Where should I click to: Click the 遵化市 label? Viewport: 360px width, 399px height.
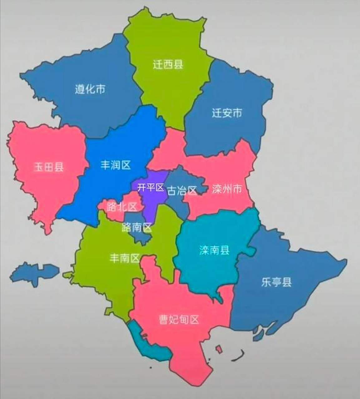pyautogui.click(x=90, y=89)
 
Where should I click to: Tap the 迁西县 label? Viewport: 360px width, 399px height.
pyautogui.click(x=168, y=64)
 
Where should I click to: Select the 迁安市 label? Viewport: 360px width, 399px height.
pyautogui.click(x=227, y=113)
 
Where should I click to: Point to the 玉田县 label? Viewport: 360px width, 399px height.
pyautogui.click(x=49, y=167)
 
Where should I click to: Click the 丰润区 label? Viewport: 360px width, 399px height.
pyautogui.click(x=115, y=165)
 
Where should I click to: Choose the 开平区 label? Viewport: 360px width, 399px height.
pyautogui.click(x=151, y=187)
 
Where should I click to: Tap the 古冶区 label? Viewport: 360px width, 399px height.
pyautogui.click(x=182, y=190)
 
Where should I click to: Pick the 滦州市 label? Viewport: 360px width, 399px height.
pyautogui.click(x=227, y=189)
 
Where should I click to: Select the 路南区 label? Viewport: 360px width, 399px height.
pyautogui.click(x=137, y=228)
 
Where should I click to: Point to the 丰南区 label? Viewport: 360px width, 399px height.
pyautogui.click(x=124, y=258)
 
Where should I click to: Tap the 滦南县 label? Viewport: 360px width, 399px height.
pyautogui.click(x=214, y=250)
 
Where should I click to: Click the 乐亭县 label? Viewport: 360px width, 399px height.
pyautogui.click(x=276, y=282)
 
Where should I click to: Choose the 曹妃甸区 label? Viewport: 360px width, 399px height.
pyautogui.click(x=179, y=320)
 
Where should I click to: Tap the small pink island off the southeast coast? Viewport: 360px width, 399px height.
pyautogui.click(x=219, y=348)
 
